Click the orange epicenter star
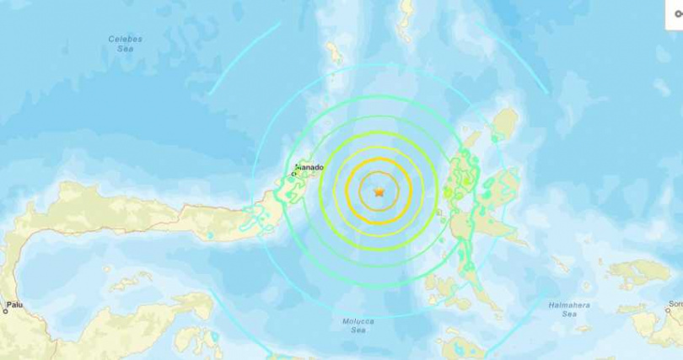tap(379, 192)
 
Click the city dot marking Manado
tap(294, 174)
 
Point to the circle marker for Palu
tap(5, 311)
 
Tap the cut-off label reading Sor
tap(675, 304)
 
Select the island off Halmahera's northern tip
tap(505, 126)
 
